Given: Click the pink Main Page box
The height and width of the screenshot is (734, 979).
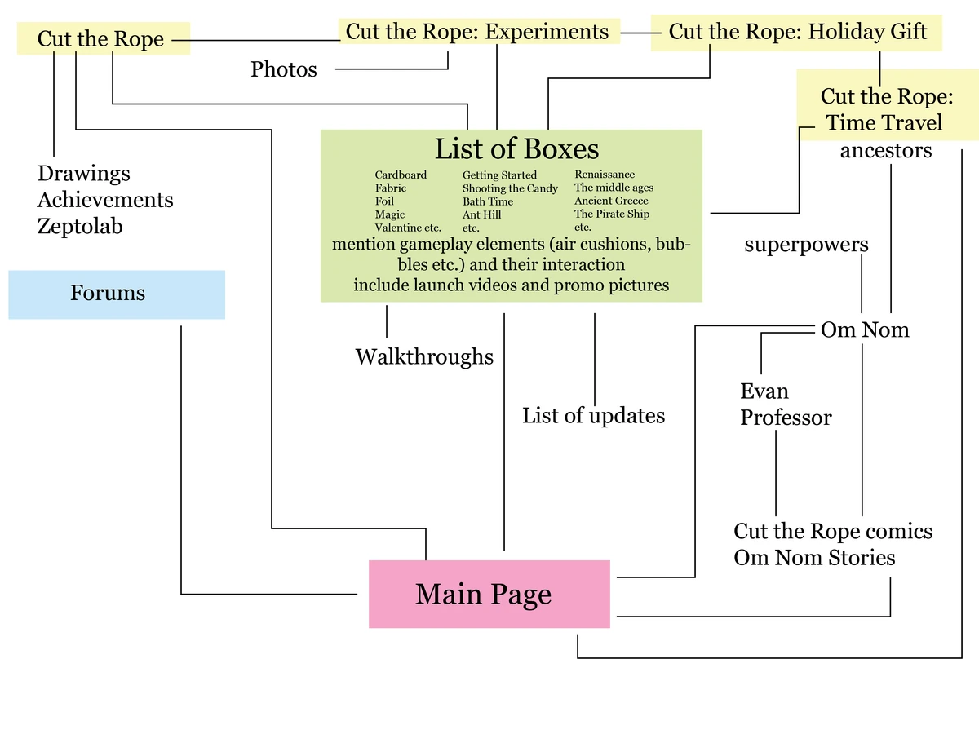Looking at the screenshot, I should point(489,594).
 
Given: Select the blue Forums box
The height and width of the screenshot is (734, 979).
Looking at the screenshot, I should point(116,294).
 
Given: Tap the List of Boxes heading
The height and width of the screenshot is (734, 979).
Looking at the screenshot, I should point(516,149).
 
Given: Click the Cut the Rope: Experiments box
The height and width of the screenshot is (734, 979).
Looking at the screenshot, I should point(477,32).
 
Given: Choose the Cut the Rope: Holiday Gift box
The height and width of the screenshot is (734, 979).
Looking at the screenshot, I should point(797,32).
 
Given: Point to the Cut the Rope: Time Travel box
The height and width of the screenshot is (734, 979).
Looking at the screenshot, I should point(887,109).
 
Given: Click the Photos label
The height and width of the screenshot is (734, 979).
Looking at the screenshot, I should point(284,69).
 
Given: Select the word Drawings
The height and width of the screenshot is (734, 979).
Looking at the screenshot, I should point(84,174).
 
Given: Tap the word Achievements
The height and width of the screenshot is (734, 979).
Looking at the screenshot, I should point(105,200).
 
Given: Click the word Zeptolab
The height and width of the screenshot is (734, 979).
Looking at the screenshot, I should point(80,226).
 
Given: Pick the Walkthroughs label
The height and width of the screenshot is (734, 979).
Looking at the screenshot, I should point(424,356).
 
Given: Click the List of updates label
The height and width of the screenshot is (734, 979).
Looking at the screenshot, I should point(593,416).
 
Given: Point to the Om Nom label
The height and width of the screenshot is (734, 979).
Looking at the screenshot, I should point(865,330).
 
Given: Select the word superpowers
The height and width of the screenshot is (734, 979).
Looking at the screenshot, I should point(806,245).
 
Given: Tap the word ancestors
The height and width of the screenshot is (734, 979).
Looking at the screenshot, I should point(886,151).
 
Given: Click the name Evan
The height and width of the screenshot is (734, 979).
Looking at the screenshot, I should point(764,391).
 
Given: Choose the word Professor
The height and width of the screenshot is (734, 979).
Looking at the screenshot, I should point(786,418).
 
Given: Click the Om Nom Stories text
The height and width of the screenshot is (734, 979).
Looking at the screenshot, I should point(814,558).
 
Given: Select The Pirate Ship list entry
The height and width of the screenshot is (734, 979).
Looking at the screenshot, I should point(612,214).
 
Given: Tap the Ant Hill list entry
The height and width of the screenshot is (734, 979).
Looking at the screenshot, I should point(481,215).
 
